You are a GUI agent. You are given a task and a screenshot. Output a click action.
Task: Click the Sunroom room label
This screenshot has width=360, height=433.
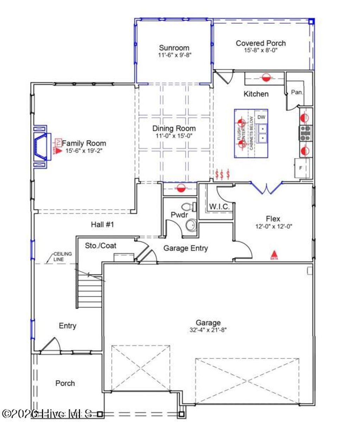pyautogui.click(x=174, y=48)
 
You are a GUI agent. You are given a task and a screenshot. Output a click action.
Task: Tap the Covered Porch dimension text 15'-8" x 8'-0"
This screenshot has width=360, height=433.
pyautogui.click(x=261, y=51)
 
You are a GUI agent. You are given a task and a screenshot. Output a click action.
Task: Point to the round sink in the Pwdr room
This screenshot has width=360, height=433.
pyautogui.click(x=191, y=224)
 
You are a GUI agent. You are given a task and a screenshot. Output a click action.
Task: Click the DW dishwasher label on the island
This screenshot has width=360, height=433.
pyautogui.click(x=261, y=117)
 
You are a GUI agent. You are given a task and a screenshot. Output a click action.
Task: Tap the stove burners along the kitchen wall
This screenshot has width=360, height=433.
pyautogui.click(x=305, y=133)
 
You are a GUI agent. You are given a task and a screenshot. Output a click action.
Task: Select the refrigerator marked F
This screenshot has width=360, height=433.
pyautogui.click(x=301, y=168)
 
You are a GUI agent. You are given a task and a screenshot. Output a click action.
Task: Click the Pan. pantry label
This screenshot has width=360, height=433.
pyautogui.click(x=297, y=92)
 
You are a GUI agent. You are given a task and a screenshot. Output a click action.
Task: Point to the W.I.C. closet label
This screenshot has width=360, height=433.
pyautogui.click(x=220, y=207)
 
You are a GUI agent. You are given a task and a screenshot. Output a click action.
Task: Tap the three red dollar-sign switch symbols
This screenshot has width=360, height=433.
pyautogui.click(x=223, y=174)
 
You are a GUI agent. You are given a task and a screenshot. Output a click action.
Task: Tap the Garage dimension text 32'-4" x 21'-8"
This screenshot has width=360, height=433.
pyautogui.click(x=208, y=330)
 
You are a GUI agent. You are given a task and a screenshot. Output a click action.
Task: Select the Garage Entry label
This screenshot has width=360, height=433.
pyautogui.click(x=185, y=248)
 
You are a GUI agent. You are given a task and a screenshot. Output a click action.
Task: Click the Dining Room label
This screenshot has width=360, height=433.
pyautogui.click(x=174, y=128)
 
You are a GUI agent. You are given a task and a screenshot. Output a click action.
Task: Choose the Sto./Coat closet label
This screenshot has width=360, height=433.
pyautogui.click(x=101, y=246)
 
